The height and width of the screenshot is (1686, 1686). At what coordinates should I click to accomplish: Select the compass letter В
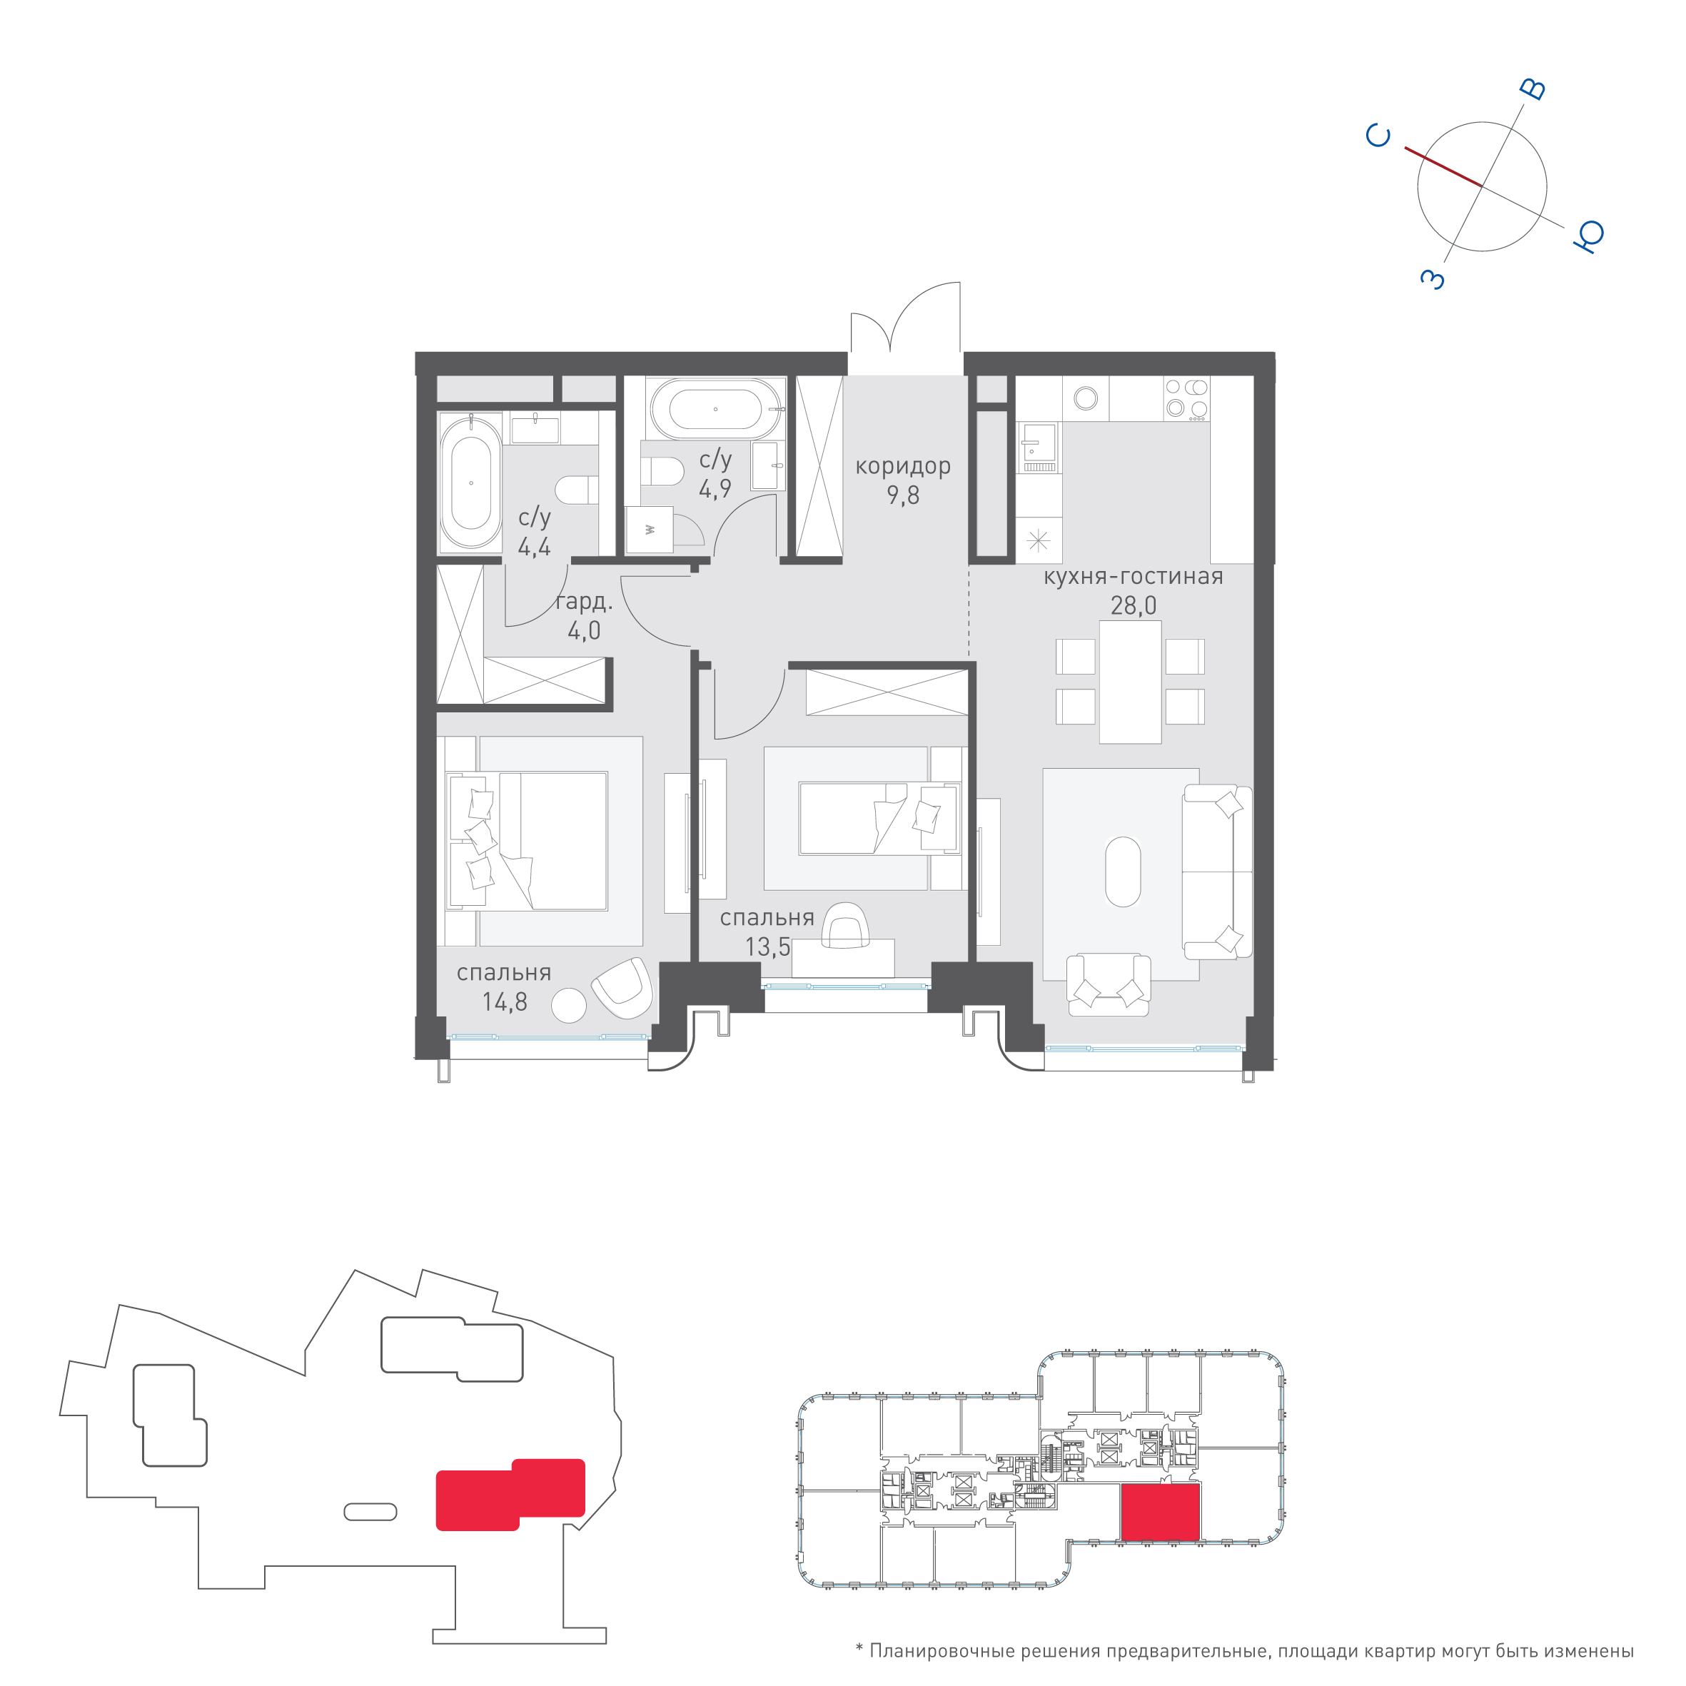1533,90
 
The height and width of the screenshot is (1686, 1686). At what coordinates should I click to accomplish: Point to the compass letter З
1433,279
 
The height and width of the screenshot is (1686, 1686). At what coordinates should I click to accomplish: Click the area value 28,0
1133,605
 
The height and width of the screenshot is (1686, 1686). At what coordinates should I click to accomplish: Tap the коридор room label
902,466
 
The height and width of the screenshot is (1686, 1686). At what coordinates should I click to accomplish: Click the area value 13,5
767,946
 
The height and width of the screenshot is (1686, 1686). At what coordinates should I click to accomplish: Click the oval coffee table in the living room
1122,872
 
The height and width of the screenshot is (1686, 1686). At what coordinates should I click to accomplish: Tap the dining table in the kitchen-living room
1130,682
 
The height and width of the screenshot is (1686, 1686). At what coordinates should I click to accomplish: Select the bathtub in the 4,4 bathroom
470,481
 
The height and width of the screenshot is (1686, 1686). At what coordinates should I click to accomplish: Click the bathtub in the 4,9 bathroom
716,408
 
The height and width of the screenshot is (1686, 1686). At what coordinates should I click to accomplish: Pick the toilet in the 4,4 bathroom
577,490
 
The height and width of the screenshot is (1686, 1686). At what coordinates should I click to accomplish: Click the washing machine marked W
650,529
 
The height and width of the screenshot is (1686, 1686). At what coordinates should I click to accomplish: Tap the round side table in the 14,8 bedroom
569,1004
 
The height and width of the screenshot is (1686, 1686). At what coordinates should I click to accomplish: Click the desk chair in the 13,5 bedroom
846,925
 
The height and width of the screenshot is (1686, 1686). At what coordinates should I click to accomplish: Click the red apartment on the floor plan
1160,1513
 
